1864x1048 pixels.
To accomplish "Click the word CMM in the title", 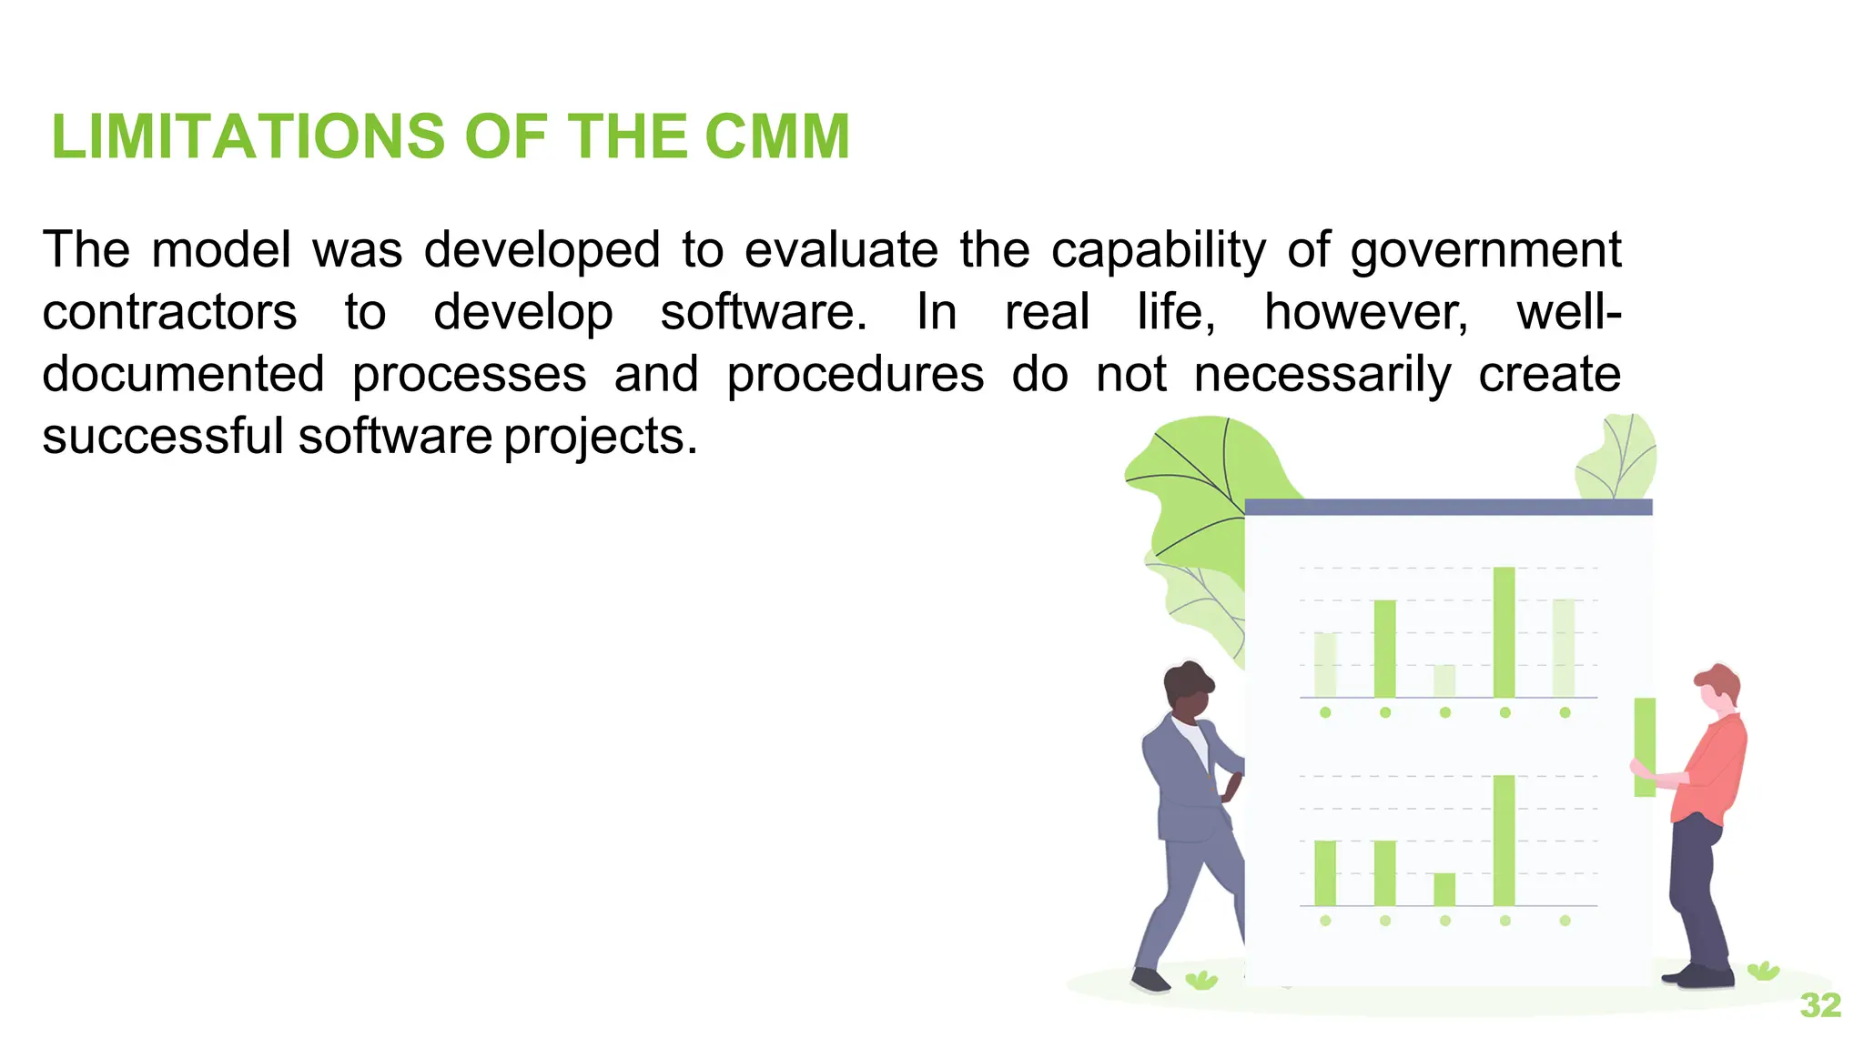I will click(x=776, y=136).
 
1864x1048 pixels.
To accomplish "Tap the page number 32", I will click(x=1820, y=1005).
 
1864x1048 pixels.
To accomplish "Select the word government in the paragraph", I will click(x=1485, y=251).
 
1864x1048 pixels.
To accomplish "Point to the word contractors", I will click(x=169, y=313).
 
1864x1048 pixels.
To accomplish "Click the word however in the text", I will click(x=1365, y=313).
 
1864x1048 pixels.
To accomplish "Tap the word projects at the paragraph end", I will click(x=600, y=438).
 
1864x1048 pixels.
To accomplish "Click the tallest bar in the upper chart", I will click(x=1504, y=632).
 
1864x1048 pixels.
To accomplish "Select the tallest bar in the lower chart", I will click(x=1504, y=841).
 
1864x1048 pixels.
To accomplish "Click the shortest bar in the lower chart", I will click(x=1444, y=890).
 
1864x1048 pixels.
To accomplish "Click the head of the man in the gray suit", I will click(x=1188, y=691).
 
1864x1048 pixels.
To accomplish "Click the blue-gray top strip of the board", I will click(x=1447, y=507).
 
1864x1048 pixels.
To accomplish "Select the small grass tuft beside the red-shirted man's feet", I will click(x=1763, y=971).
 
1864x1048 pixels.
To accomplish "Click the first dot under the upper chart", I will click(x=1325, y=712).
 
